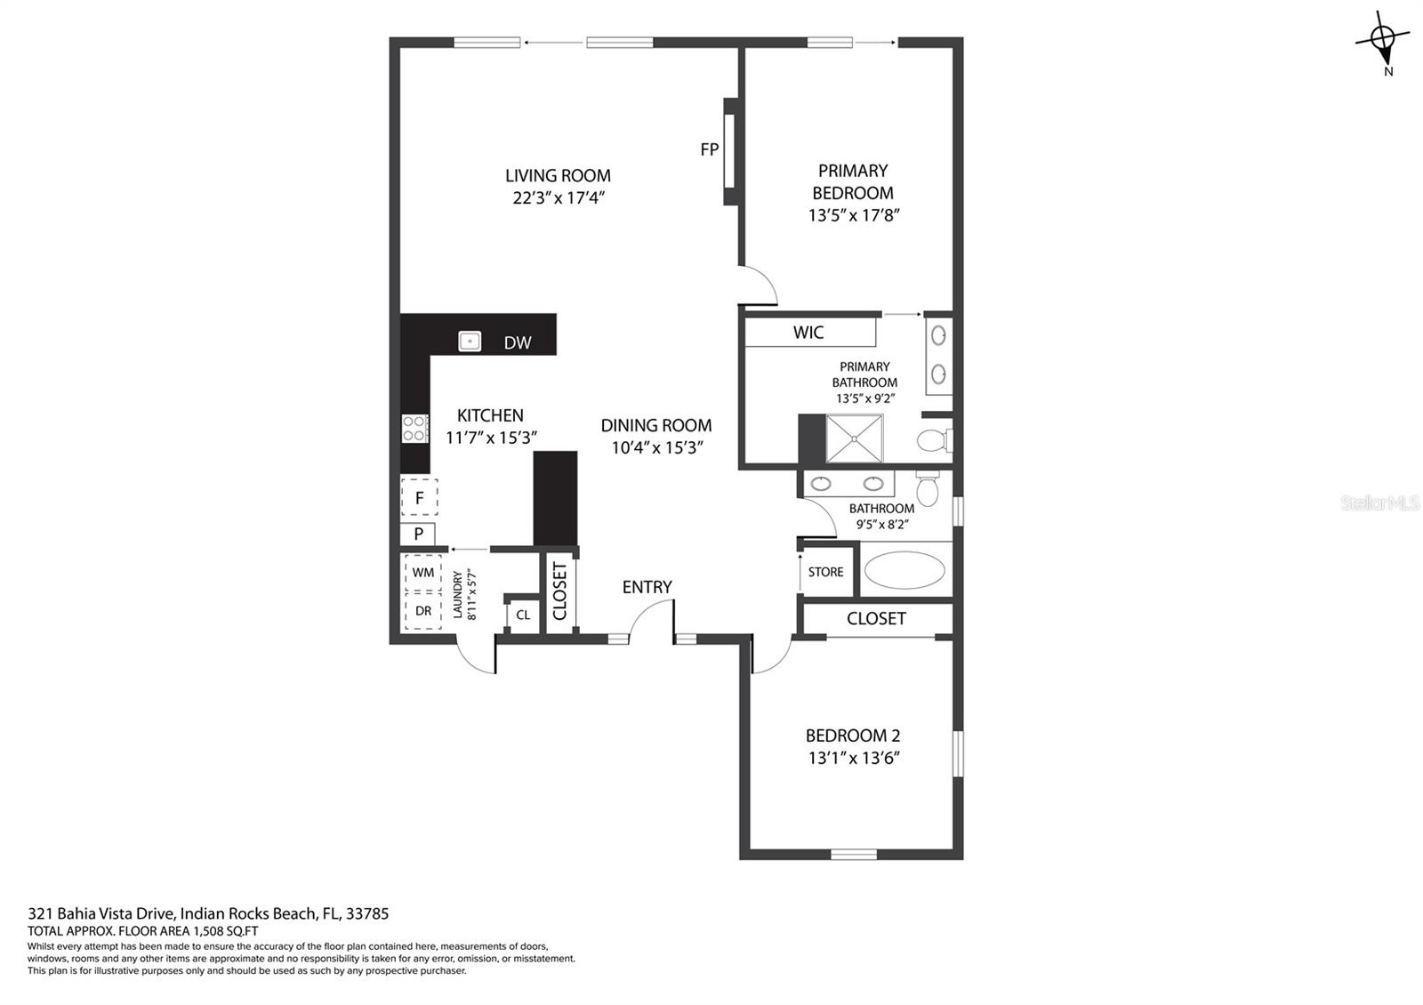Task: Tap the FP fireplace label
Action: click(x=709, y=149)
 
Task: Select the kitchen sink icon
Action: click(x=470, y=341)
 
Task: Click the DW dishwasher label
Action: click(x=518, y=342)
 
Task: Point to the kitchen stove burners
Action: click(x=414, y=429)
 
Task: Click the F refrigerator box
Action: click(x=420, y=498)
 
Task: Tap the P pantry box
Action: click(x=418, y=535)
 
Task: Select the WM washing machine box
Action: click(x=423, y=573)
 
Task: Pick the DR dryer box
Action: click(x=423, y=611)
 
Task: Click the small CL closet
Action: click(x=523, y=615)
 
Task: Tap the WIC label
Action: click(x=808, y=333)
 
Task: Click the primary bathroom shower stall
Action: click(x=855, y=438)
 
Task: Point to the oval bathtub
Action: click(x=904, y=570)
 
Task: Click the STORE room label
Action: click(x=826, y=572)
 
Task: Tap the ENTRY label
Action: click(x=647, y=587)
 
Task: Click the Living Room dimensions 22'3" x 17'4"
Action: click(x=559, y=197)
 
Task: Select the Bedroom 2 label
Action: click(x=853, y=736)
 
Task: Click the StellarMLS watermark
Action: click(x=1380, y=503)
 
